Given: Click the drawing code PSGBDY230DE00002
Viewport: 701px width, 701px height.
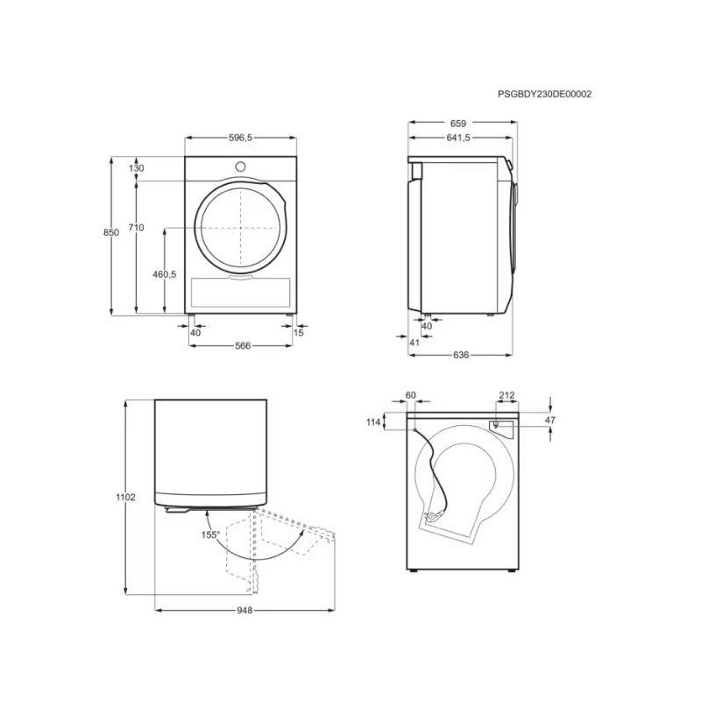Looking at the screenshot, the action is click(544, 94).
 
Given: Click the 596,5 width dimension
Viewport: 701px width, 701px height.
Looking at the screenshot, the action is click(240, 138).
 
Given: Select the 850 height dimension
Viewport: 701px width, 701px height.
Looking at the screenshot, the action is click(111, 232).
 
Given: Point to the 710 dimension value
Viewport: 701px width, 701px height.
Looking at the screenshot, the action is click(137, 228).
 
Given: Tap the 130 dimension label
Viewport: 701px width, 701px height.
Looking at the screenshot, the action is click(137, 168).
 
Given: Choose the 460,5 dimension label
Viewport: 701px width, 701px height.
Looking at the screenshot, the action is click(165, 274).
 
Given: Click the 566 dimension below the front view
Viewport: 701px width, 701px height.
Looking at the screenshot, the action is click(243, 345).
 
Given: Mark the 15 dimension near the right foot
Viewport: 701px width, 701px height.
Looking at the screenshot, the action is click(299, 333).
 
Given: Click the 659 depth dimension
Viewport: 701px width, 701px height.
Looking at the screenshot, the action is click(458, 124).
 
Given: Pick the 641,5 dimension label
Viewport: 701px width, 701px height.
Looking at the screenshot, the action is click(458, 138).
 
